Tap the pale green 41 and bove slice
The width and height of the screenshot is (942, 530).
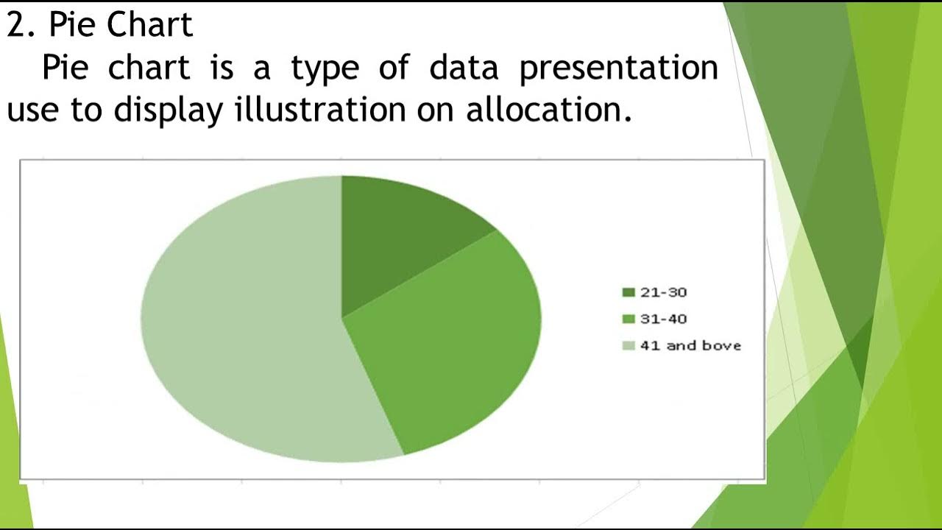(x=243, y=324)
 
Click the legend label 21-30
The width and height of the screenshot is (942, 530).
(x=663, y=292)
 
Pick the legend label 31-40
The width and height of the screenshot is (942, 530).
(x=663, y=319)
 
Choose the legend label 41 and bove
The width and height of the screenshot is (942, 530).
(x=690, y=345)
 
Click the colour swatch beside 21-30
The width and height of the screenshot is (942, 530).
(x=628, y=292)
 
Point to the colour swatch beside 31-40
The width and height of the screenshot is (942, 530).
(x=628, y=319)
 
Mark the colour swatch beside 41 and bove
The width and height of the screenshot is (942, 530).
(x=628, y=345)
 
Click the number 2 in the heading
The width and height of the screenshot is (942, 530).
(x=15, y=25)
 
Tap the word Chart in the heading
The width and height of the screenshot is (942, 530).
(x=149, y=25)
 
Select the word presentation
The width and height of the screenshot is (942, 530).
(x=618, y=68)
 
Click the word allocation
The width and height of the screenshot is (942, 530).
(x=548, y=110)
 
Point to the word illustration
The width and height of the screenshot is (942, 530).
(x=320, y=110)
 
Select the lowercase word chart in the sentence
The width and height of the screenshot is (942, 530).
(x=149, y=68)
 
